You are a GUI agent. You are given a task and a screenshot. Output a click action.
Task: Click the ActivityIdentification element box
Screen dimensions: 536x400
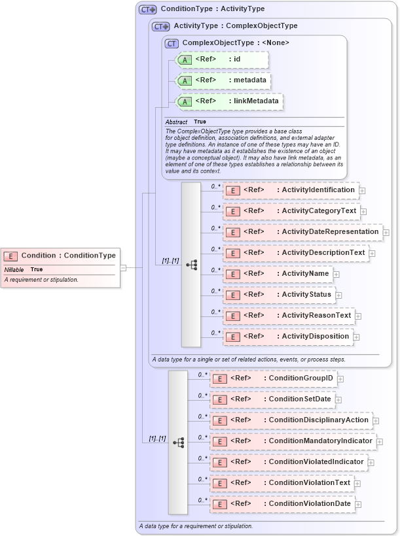(290, 190)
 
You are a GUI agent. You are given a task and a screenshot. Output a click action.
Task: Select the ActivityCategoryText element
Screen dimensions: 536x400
(291, 211)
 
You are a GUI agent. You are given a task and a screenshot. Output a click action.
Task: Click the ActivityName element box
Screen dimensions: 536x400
(278, 274)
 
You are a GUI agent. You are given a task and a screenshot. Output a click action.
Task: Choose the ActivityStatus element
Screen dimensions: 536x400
(279, 295)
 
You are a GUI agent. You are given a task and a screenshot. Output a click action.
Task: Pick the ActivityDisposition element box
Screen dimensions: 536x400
(287, 337)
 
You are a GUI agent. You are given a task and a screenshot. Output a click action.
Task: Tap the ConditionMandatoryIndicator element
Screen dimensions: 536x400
(293, 441)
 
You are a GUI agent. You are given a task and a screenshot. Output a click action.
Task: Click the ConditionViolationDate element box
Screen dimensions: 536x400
(283, 504)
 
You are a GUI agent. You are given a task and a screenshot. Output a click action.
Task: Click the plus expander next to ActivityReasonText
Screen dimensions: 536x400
(358, 316)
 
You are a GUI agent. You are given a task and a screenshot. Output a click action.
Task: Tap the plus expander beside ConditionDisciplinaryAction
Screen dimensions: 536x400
(376, 421)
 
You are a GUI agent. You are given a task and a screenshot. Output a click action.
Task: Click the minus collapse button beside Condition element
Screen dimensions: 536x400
(122, 267)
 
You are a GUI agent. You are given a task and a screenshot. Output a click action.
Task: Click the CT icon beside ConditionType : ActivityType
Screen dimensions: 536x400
(148, 10)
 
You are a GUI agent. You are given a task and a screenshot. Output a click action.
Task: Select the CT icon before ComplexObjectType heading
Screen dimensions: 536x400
(172, 43)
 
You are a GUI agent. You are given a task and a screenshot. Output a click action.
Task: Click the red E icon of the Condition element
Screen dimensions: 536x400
(10, 256)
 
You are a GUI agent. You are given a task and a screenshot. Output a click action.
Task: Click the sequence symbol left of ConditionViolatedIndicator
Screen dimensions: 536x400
(178, 443)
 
